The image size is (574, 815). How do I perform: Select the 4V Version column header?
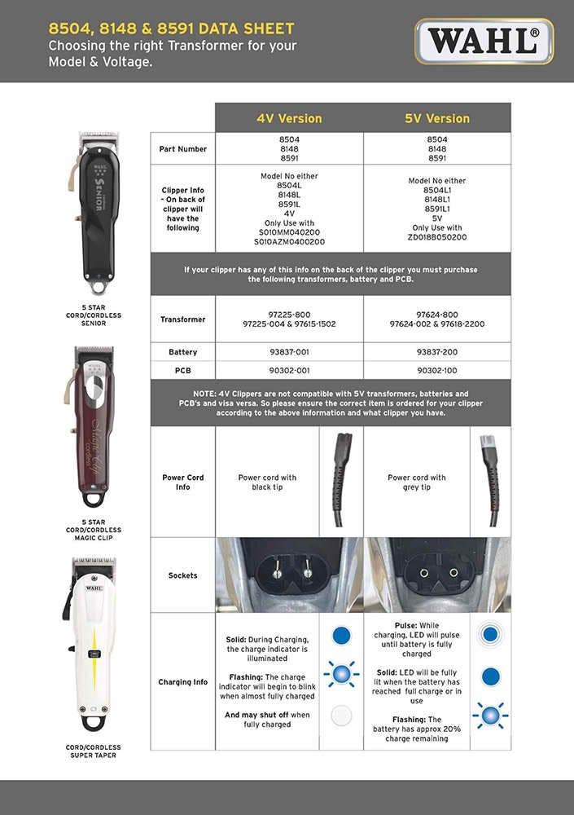click(289, 118)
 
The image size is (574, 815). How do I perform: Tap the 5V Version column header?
click(437, 118)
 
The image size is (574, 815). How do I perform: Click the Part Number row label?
click(182, 149)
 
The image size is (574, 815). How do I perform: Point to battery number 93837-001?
click(289, 352)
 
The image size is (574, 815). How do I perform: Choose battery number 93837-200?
click(437, 352)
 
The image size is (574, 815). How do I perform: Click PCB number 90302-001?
click(289, 370)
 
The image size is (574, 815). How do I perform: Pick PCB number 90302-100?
click(437, 370)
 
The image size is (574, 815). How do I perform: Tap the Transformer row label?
click(182, 319)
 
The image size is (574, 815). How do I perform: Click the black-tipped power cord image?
click(341, 482)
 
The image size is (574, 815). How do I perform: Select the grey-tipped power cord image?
click(490, 482)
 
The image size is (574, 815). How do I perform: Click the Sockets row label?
click(182, 575)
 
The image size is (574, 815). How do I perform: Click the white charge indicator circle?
click(341, 715)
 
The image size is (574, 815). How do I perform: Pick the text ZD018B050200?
click(437, 237)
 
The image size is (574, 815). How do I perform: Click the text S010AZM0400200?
click(289, 242)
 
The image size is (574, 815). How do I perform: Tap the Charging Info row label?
click(182, 682)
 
